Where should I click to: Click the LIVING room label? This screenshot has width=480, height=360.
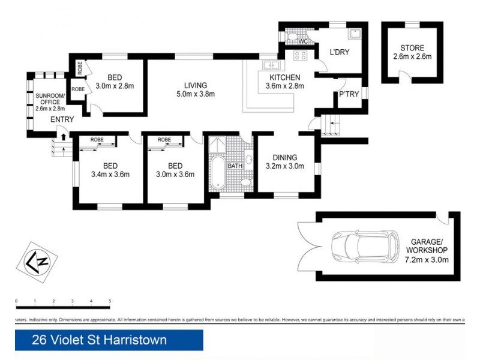point(196,85)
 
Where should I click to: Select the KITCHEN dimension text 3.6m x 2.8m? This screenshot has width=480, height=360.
point(285,86)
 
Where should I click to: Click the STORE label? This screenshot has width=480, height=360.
point(412,48)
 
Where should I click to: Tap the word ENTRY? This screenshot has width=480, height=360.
point(62,120)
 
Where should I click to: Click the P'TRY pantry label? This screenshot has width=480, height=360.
point(349,95)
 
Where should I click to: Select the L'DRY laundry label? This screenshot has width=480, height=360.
point(339,53)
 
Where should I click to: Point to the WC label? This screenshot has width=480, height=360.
point(303,41)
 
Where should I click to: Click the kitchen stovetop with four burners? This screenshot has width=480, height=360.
point(299,55)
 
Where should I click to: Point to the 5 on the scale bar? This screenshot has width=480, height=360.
point(110,301)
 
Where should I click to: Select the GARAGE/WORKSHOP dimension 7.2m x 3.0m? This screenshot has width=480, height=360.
point(428,260)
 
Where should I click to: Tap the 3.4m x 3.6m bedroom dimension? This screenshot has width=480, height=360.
point(109,175)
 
